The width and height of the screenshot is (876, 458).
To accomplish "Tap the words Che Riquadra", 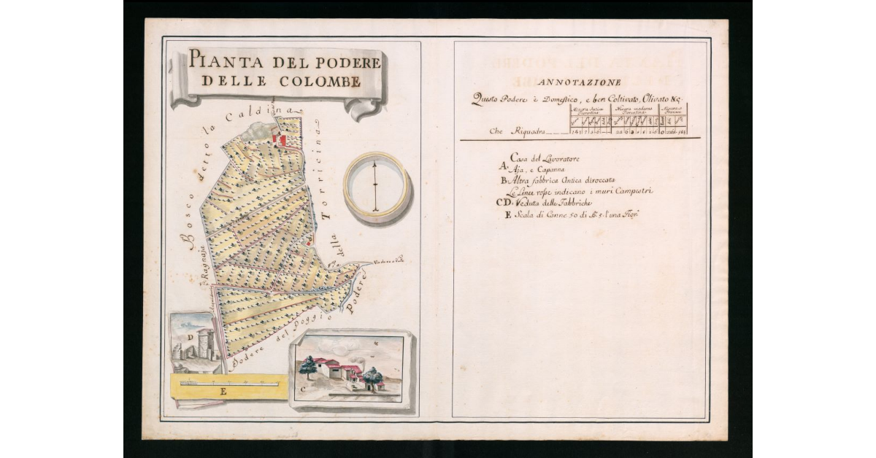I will click(516, 132).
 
